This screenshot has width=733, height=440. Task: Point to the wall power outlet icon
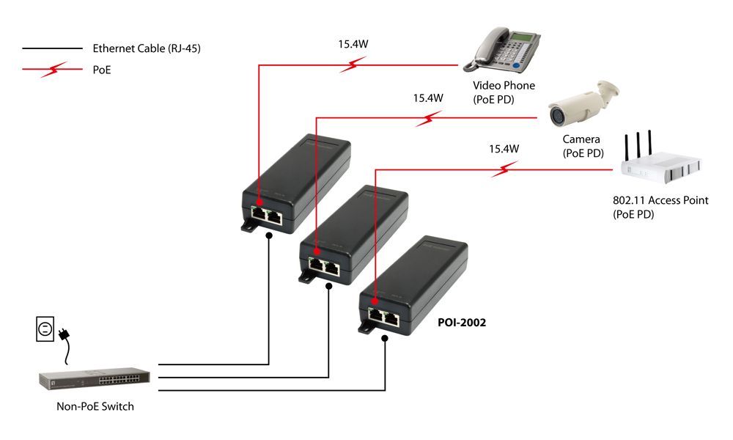[x=45, y=329]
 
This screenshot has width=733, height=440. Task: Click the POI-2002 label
[x=461, y=322]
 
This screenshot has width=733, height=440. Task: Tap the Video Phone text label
[x=504, y=86]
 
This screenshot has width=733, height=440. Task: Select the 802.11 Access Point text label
[x=660, y=200]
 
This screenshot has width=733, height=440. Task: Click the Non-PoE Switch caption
[x=95, y=406]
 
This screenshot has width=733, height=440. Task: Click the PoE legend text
[x=103, y=70]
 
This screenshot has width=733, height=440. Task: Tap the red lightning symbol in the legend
[x=52, y=70]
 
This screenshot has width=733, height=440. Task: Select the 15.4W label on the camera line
[x=428, y=98]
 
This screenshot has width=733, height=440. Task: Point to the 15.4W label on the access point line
[x=504, y=149]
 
